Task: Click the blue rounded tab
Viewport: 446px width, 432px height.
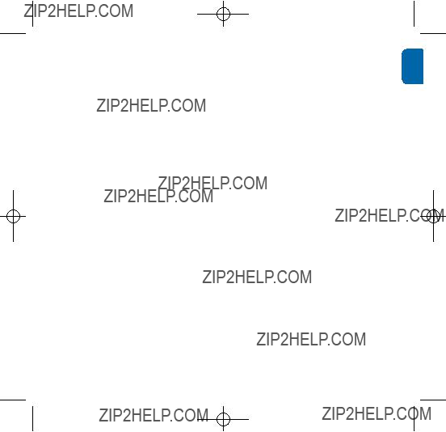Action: coord(412,66)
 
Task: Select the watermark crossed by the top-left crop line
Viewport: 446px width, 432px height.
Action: coord(78,11)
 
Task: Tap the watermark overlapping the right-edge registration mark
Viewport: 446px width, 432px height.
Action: coord(389,215)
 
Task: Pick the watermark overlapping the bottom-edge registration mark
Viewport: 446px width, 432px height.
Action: coord(154,415)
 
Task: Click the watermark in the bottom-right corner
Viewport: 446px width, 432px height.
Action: coord(377,413)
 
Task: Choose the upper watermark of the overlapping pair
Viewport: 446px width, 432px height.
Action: coord(212,183)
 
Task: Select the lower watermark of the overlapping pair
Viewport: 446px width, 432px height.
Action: coord(158,197)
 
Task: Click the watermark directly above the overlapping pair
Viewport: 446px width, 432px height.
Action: coord(151,106)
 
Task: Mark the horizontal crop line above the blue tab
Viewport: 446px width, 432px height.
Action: coord(433,33)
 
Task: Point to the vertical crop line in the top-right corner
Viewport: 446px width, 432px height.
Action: coord(414,14)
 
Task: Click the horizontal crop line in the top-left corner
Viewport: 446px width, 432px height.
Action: coord(13,33)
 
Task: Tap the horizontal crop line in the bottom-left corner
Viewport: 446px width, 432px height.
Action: coord(13,400)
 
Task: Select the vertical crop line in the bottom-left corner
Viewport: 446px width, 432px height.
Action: coord(32,418)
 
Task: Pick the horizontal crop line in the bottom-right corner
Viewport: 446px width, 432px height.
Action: coord(433,400)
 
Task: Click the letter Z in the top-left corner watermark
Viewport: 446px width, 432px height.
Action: coord(27,11)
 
